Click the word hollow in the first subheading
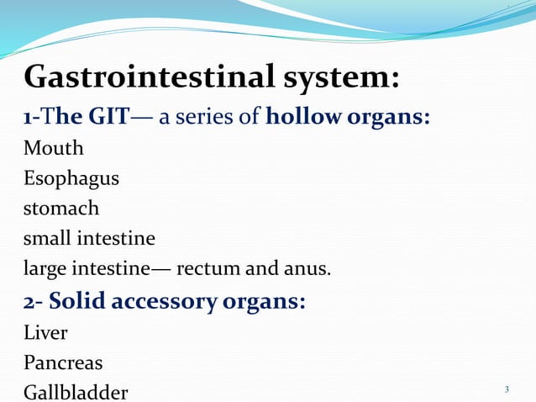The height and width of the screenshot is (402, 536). [302, 116]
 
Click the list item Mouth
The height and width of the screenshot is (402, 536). [54, 149]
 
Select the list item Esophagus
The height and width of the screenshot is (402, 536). [71, 179]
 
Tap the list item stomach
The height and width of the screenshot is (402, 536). [61, 208]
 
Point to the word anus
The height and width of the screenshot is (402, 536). [306, 269]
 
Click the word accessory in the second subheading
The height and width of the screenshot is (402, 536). [171, 300]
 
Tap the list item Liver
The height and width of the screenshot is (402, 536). [45, 332]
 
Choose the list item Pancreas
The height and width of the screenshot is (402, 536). [63, 362]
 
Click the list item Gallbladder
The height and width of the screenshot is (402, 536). [76, 393]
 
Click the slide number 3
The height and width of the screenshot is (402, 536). [507, 390]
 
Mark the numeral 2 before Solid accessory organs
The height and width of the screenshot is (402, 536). [29, 300]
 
